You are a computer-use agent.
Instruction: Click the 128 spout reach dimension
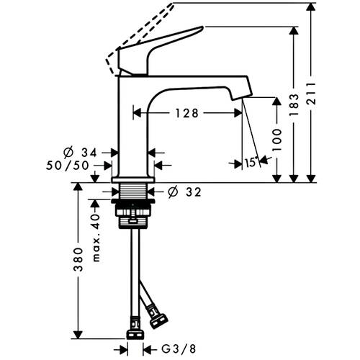point(187,113)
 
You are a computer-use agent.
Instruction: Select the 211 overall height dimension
point(312,94)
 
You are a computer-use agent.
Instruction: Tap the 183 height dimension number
point(294,105)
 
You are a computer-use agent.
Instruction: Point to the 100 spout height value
point(277,140)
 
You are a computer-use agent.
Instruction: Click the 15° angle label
point(251,163)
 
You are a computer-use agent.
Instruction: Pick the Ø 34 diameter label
point(80,153)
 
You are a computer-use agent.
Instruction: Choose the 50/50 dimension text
point(68,166)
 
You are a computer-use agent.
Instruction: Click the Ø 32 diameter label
point(184,192)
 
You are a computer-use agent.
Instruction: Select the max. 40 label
point(96,238)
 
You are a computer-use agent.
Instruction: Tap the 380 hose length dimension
point(78,260)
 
